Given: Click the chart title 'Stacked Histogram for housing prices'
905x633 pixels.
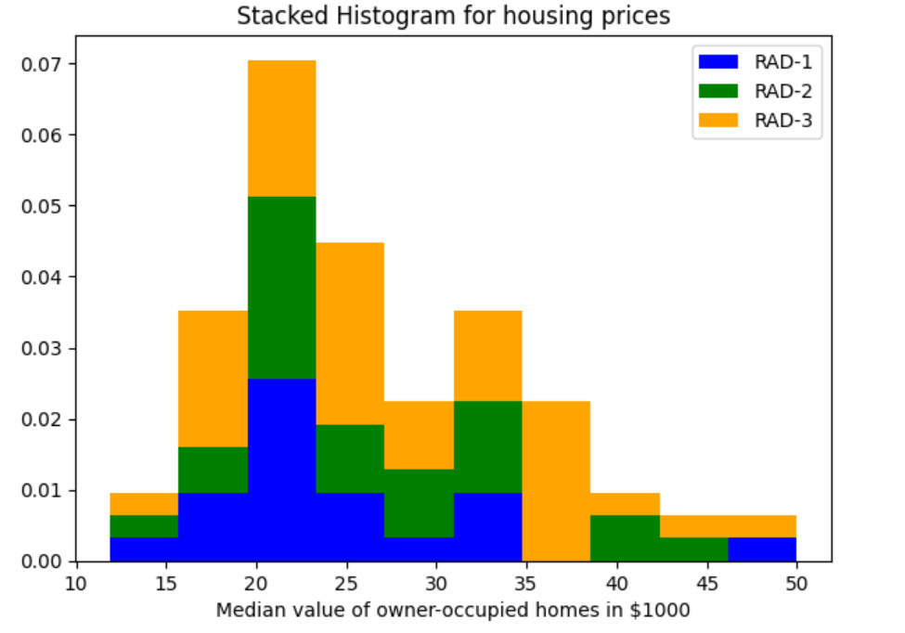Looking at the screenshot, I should tap(453, 16).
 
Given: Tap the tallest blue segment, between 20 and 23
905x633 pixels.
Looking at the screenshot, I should tap(281, 470).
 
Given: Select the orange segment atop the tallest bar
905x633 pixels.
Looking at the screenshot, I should tap(281, 128).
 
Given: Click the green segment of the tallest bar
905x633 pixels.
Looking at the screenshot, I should tap(281, 288).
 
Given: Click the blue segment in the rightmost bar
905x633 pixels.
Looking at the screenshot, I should tap(761, 549).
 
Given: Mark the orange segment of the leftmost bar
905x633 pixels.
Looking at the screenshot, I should tap(144, 504).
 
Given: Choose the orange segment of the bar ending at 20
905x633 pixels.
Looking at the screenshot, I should tap(213, 379).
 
